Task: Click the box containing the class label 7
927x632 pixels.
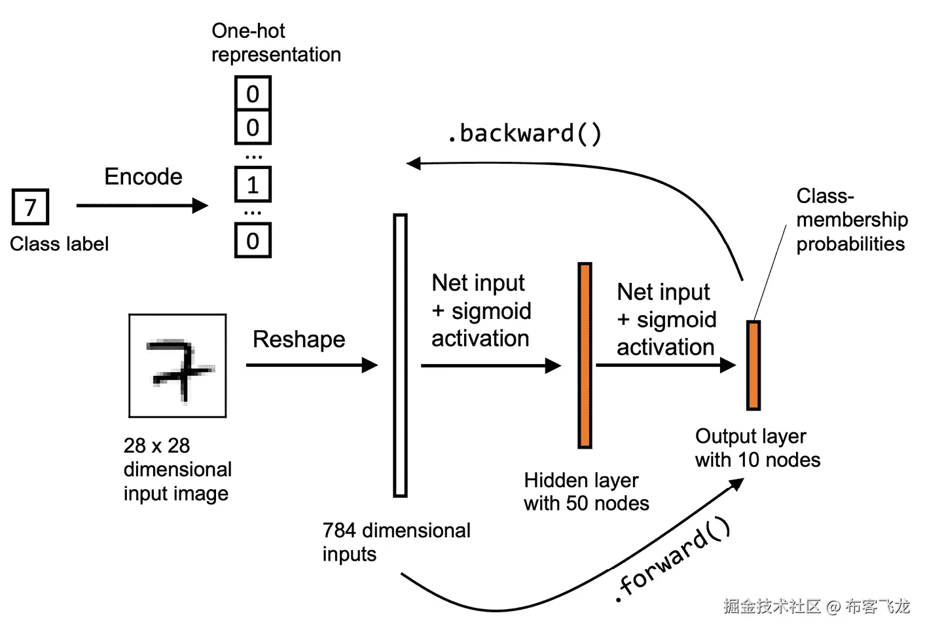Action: click(31, 206)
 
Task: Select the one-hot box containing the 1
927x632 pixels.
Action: click(253, 184)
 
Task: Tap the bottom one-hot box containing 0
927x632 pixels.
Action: click(253, 240)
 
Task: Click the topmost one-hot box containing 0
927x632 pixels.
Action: click(253, 93)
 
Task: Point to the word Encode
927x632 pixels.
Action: click(143, 177)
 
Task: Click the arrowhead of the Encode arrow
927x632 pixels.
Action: click(200, 205)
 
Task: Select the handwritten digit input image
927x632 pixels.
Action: click(177, 366)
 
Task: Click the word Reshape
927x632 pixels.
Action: click(299, 340)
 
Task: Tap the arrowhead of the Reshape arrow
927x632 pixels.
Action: click(370, 365)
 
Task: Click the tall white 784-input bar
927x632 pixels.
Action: click(400, 355)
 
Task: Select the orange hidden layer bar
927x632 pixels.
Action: click(585, 355)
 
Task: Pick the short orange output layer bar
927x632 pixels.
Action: click(754, 365)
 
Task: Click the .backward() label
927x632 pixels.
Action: click(525, 134)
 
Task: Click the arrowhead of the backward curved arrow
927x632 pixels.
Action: click(414, 164)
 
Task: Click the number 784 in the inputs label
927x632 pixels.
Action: click(339, 530)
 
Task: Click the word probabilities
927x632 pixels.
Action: click(851, 244)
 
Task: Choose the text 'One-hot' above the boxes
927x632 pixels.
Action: click(248, 31)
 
